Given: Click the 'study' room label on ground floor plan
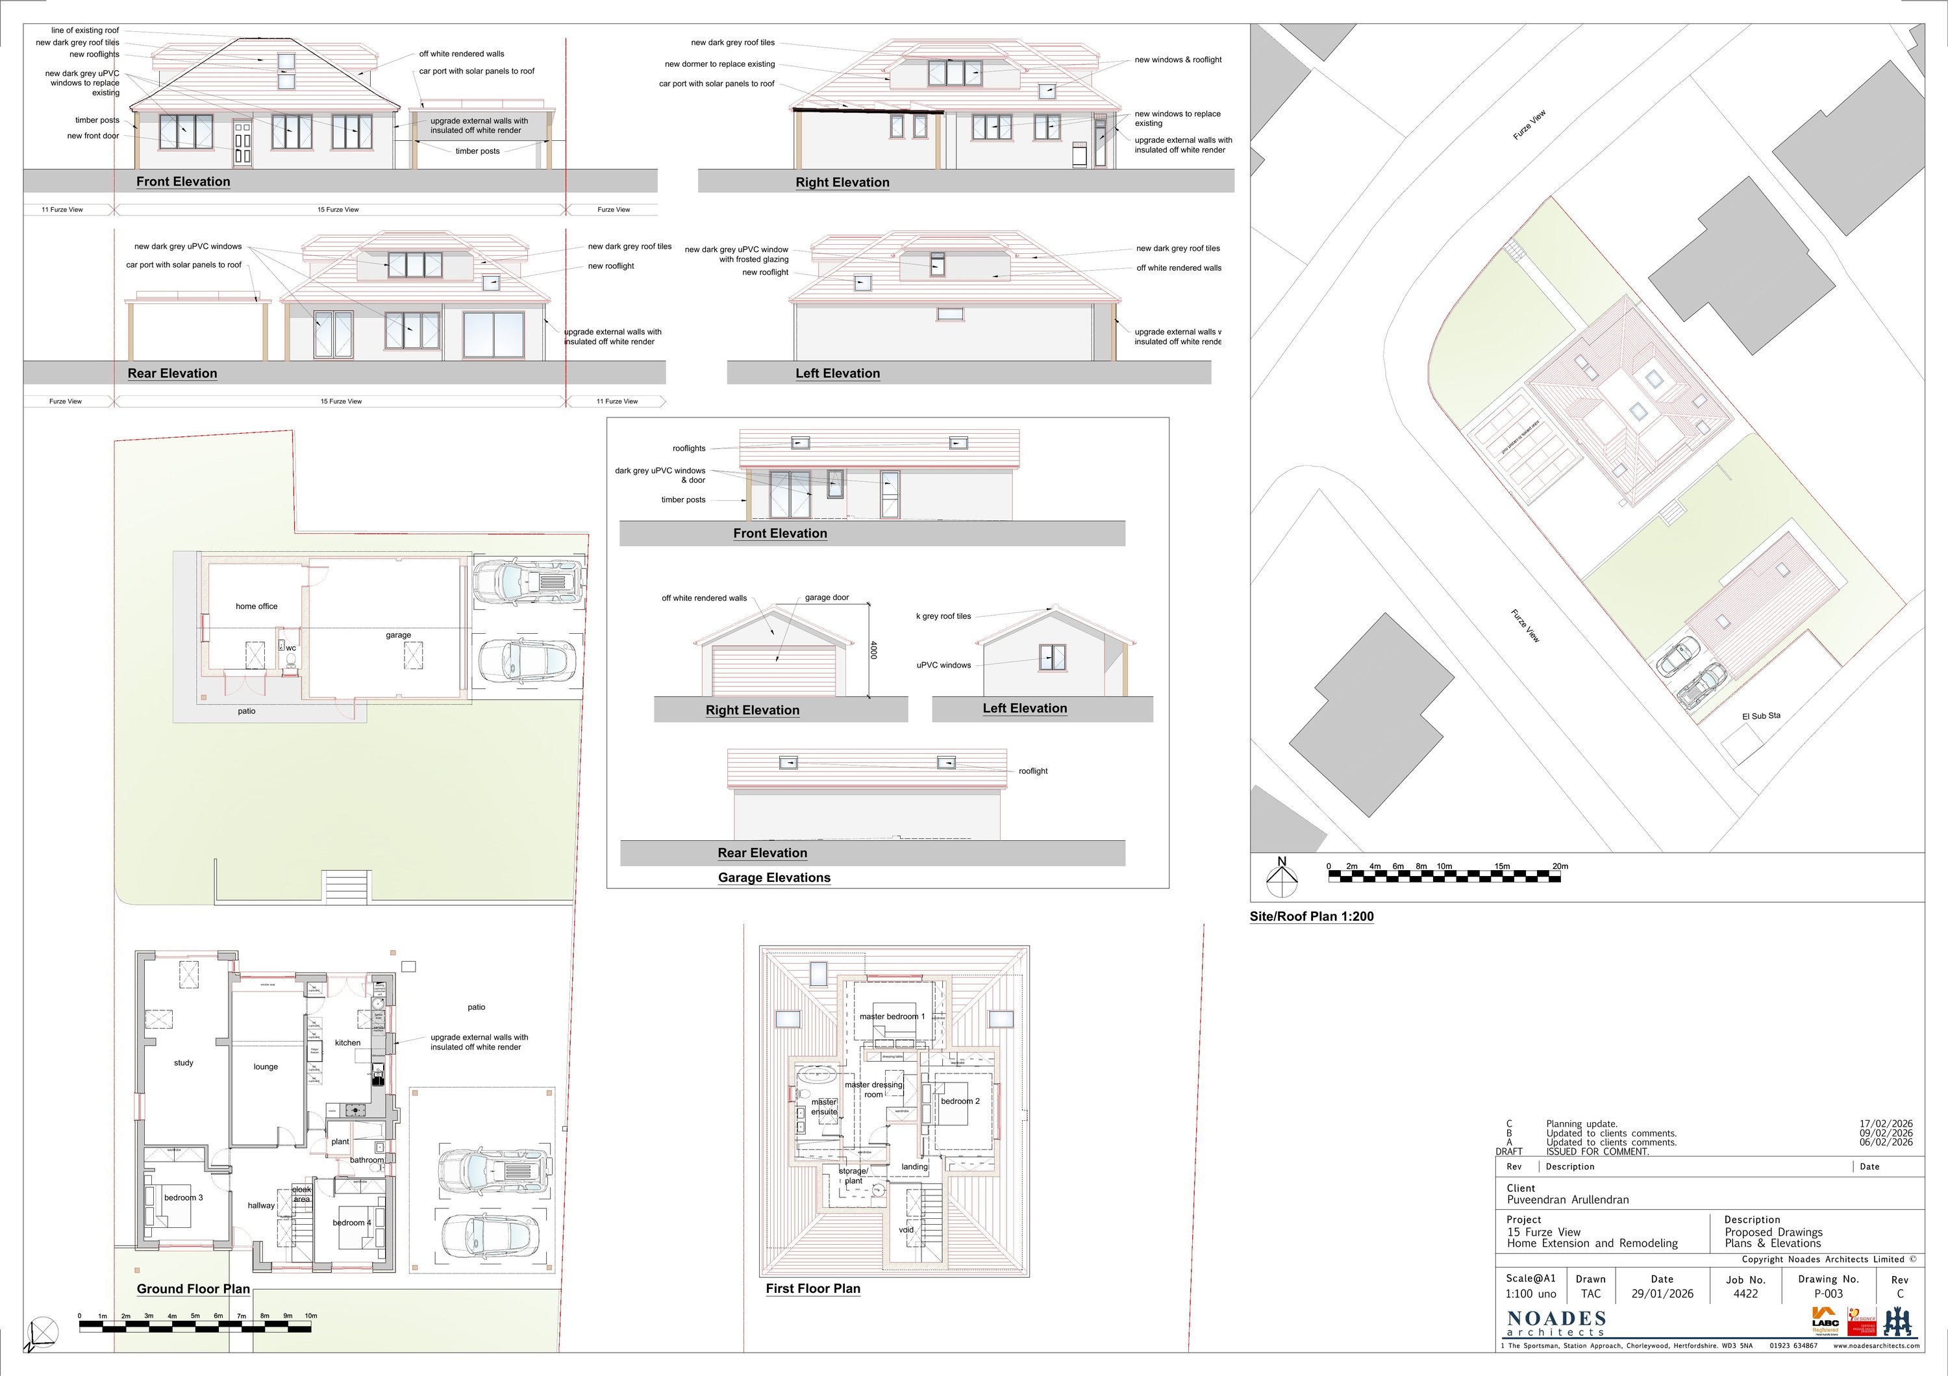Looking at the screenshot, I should tap(183, 1063).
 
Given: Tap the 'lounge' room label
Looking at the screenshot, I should tap(266, 1067).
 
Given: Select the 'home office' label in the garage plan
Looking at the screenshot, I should tap(256, 607).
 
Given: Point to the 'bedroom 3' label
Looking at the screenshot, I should tap(183, 1198).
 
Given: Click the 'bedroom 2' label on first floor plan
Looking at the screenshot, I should tap(960, 1101).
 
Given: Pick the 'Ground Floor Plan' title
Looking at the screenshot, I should tap(194, 1288).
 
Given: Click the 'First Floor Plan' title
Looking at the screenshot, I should tap(813, 1288).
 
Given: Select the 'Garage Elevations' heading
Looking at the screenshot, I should tap(774, 878).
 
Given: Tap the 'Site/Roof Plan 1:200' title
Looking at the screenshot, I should tap(1311, 916).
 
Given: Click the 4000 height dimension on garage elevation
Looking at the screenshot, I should tap(874, 651).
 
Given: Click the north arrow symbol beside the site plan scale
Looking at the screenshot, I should tap(1282, 879).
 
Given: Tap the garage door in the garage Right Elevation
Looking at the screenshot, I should tap(775, 671).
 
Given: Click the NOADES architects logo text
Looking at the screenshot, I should tap(1556, 1321).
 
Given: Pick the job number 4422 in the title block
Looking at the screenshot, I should tap(1745, 1294).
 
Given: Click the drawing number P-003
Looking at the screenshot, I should tap(1829, 1294).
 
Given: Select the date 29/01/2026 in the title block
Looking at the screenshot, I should tap(1662, 1294).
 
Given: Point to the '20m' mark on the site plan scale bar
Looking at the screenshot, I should tap(1560, 866).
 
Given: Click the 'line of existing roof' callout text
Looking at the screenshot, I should tap(85, 31).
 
